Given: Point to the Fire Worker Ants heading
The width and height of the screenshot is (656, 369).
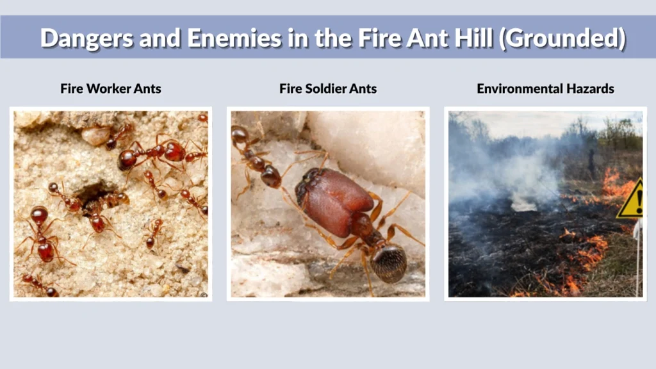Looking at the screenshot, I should (111, 88).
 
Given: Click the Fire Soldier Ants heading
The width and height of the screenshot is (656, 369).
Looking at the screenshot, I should (328, 88).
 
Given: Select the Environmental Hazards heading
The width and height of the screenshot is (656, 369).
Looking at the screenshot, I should (545, 88).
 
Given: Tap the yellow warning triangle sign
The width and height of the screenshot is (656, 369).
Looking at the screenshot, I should (632, 201).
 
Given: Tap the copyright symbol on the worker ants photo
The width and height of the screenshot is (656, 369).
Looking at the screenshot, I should (203, 295).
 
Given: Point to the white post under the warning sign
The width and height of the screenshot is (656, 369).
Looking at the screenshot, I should (637, 256).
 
